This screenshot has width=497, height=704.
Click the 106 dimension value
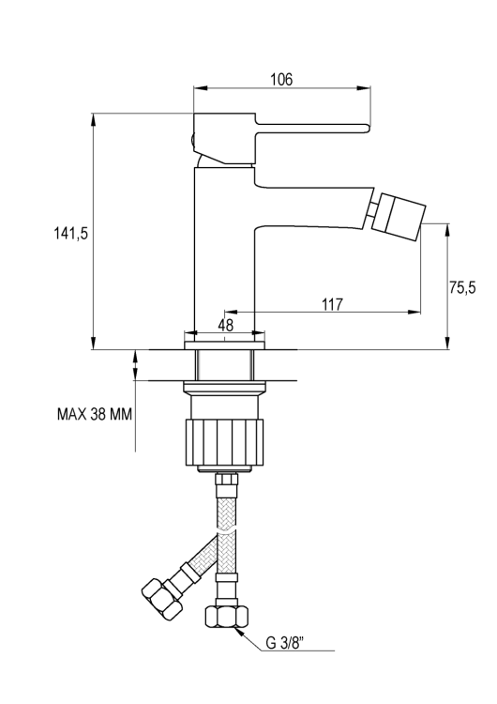point(279,81)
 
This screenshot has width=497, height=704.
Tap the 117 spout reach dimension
point(331,304)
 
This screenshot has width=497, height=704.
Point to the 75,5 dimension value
point(461,288)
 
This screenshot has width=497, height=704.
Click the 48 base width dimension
point(225,325)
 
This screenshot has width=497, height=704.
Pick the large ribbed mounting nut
point(226,442)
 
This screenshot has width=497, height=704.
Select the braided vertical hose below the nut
point(225,544)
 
